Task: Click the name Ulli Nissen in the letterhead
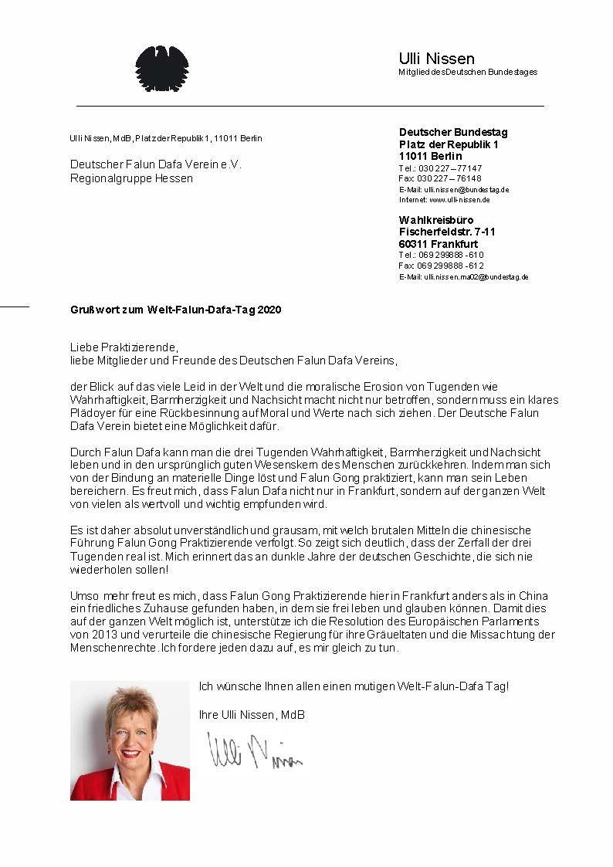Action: [x=436, y=59]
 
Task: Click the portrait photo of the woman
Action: [x=130, y=740]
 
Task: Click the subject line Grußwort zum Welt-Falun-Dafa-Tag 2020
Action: [x=175, y=310]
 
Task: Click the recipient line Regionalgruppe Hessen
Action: [x=131, y=178]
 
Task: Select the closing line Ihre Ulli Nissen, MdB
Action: [x=252, y=715]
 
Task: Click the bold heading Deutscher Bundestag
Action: [x=453, y=132]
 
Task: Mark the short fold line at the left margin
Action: [x=14, y=306]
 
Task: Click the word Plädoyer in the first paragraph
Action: [x=91, y=413]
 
